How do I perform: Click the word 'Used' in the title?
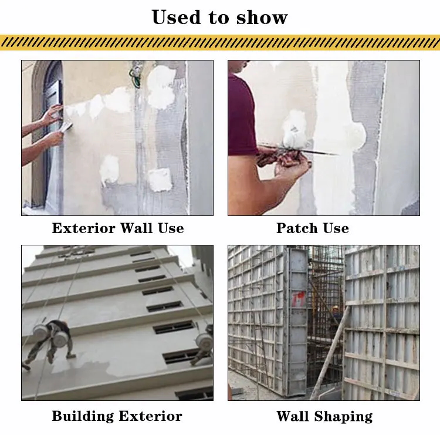click(x=177, y=17)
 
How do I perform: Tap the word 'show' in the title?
click(x=262, y=17)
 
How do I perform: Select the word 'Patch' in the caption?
click(x=296, y=228)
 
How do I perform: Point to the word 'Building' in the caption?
click(x=86, y=416)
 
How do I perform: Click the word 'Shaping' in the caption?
click(x=343, y=416)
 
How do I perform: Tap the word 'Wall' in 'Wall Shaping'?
click(x=293, y=416)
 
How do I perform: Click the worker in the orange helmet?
click(x=336, y=314)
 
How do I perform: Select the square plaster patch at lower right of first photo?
click(x=159, y=178)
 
